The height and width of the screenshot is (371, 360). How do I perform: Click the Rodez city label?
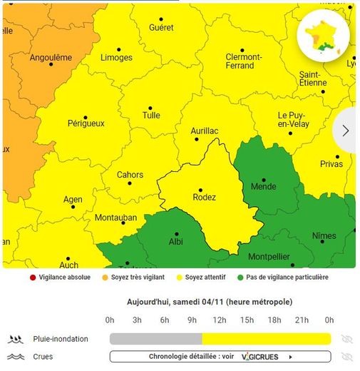(x=205, y=198)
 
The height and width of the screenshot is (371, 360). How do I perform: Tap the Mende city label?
(x=263, y=187)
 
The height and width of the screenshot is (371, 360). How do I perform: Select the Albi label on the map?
(x=175, y=241)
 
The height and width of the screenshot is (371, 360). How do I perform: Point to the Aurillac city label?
(x=205, y=131)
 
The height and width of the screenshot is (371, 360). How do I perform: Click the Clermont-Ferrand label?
(x=243, y=61)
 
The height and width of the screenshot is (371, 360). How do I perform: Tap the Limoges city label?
(x=116, y=58)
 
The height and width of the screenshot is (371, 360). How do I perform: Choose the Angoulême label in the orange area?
(x=51, y=58)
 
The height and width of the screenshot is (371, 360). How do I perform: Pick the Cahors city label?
(x=130, y=175)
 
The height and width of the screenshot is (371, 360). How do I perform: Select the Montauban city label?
(x=115, y=218)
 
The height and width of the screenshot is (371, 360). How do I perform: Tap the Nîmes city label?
(x=324, y=236)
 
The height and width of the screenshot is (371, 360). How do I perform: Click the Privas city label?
(x=331, y=164)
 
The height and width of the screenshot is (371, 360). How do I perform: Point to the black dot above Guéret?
(x=160, y=19)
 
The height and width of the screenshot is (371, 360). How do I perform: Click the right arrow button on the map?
(x=346, y=131)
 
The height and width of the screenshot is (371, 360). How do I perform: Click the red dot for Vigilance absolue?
(x=32, y=278)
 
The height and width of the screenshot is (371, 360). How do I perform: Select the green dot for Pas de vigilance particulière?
(x=240, y=278)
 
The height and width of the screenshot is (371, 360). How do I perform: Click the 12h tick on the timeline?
(x=220, y=320)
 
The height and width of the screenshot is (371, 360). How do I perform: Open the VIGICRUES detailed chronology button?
(x=220, y=357)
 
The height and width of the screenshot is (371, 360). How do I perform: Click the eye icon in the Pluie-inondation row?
(x=347, y=339)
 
